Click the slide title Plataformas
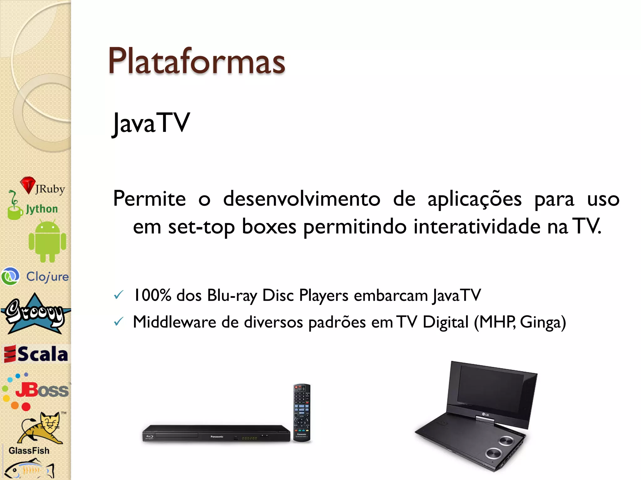pos(197,61)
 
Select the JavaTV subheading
pos(151,123)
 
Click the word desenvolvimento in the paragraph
pos(301,199)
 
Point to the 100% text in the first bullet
pos(152,295)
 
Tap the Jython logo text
pos(42,209)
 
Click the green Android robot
pos(47,241)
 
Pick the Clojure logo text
pos(47,277)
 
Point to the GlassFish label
pos(29,451)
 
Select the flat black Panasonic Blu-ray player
pos(216,433)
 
